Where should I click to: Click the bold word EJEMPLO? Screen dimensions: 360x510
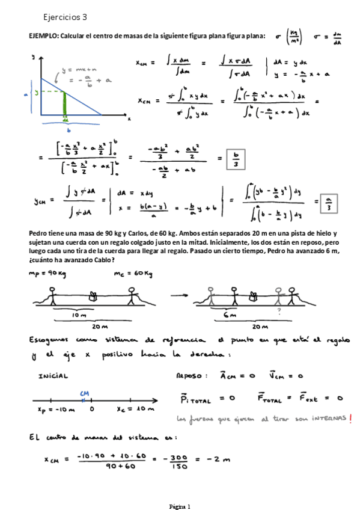coord(43,36)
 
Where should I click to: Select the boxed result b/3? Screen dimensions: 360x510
coord(236,160)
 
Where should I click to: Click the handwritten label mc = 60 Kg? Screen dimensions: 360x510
coord(133,275)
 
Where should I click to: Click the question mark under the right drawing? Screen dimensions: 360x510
coord(278,312)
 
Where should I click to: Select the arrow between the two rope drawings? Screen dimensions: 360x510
coord(180,296)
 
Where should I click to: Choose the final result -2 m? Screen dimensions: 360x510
coord(212,460)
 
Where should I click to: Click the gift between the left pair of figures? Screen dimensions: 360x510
coord(93,295)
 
